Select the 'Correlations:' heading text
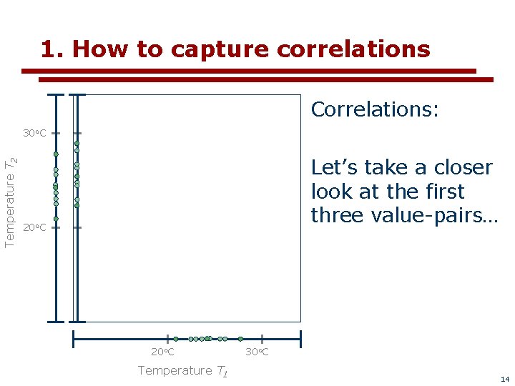tap(375, 109)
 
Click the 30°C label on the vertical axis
tap(34, 134)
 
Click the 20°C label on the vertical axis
tap(34, 228)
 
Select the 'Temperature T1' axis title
tap(182, 370)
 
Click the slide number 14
tap(505, 379)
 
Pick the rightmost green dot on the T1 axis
tap(240, 339)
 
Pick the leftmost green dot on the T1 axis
tap(176, 339)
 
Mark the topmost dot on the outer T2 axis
tap(56, 154)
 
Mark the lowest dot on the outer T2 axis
tap(56, 219)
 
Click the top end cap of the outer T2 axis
tap(56, 94)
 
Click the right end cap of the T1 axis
tap(300, 339)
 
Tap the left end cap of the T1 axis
tap(74, 339)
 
